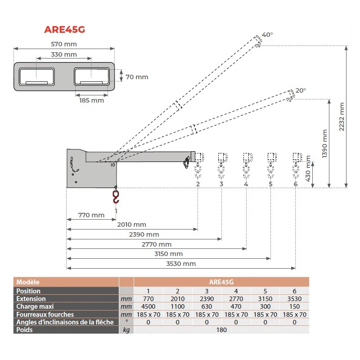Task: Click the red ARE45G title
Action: point(64,30)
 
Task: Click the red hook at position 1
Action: point(116,196)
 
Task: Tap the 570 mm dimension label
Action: point(64,44)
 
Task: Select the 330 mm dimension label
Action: point(64,54)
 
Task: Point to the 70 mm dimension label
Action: point(137,77)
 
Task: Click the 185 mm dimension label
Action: point(92,100)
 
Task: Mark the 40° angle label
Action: point(267,35)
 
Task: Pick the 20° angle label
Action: point(301,90)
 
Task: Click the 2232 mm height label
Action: point(342,117)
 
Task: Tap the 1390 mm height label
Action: point(324,144)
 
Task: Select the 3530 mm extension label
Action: point(181,264)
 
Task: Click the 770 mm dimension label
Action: point(91,215)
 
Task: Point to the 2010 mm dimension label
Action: point(131,225)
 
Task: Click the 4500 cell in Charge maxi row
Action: point(148,306)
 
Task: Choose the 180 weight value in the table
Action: point(221,330)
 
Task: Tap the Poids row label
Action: point(24,330)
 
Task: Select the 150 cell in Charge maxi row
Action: point(295,306)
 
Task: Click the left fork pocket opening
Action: point(37,76)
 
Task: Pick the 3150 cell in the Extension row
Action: point(265,299)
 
